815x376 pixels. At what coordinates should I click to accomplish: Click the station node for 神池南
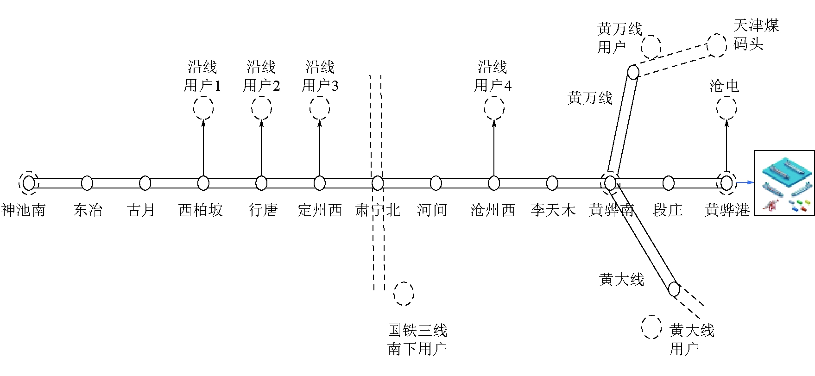coord(29,183)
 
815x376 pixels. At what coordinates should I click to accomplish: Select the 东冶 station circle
coord(87,183)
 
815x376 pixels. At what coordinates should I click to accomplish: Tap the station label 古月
coord(141,210)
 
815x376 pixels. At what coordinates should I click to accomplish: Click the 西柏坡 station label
coord(201,210)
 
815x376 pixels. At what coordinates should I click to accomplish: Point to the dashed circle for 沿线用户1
coord(203,108)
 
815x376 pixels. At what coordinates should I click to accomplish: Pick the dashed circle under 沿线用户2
coord(261,108)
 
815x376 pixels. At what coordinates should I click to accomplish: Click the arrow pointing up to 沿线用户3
coord(320,148)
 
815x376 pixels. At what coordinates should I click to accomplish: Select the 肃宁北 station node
coord(378,183)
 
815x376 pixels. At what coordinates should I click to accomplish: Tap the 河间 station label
coord(432,210)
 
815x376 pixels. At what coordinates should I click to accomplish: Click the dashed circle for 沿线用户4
coord(494,108)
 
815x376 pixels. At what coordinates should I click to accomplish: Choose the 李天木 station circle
coord(552,183)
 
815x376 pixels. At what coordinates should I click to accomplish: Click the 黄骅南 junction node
coord(610,183)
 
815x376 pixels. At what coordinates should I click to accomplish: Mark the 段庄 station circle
coord(668,183)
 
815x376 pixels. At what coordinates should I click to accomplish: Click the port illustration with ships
coord(784,183)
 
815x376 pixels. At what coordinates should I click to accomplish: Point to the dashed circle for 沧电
coord(726,108)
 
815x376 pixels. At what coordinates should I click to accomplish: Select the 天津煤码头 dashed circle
coord(716,45)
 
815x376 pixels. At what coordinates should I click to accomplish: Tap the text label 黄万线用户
coord(619,38)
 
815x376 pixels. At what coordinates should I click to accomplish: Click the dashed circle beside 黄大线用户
coord(651,327)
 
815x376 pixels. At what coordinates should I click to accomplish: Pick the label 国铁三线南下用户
coord(417,339)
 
